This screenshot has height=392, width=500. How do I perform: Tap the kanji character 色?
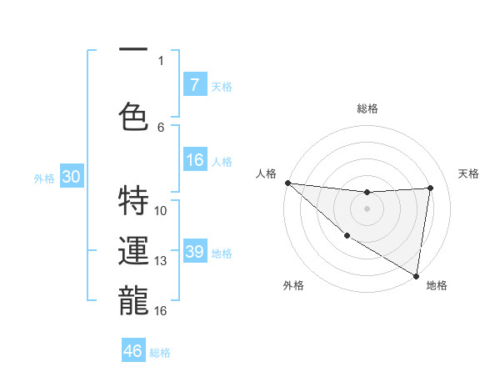tap(133, 116)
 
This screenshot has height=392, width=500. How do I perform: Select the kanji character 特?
tap(133, 200)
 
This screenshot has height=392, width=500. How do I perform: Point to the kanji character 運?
tap(133, 251)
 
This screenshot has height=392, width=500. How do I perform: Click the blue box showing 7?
tap(194, 85)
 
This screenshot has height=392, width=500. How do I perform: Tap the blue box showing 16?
tap(194, 161)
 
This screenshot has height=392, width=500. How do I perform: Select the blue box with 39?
tap(194, 252)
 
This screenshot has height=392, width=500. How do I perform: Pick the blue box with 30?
tap(71, 177)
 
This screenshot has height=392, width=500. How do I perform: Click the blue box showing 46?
tap(133, 351)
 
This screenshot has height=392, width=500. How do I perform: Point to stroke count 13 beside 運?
tap(161, 261)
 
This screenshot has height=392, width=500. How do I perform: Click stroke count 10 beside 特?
tap(161, 210)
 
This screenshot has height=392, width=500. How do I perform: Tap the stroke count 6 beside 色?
tap(161, 127)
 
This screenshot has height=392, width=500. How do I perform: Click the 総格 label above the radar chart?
tap(367, 108)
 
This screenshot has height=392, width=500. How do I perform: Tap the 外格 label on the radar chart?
tap(292, 285)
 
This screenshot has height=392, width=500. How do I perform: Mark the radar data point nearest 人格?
tap(287, 183)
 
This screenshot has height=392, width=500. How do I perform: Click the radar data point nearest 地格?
tap(416, 275)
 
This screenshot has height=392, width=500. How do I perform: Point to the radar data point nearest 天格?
tap(431, 188)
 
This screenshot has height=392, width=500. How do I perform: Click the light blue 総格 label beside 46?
tap(161, 353)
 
